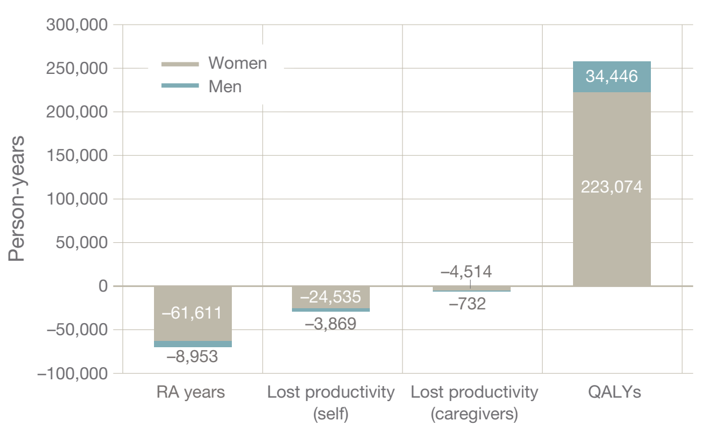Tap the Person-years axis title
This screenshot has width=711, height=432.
(x=17, y=198)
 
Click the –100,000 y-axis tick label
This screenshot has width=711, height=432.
(x=73, y=374)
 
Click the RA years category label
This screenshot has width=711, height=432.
(x=191, y=392)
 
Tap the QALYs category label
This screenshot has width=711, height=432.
(x=613, y=392)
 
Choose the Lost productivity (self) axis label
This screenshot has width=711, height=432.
(x=331, y=402)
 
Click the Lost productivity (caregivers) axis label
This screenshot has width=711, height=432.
(x=474, y=402)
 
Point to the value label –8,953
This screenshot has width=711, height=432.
(x=192, y=357)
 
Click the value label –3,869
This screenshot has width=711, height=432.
(x=330, y=324)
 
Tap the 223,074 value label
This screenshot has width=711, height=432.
(x=611, y=187)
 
